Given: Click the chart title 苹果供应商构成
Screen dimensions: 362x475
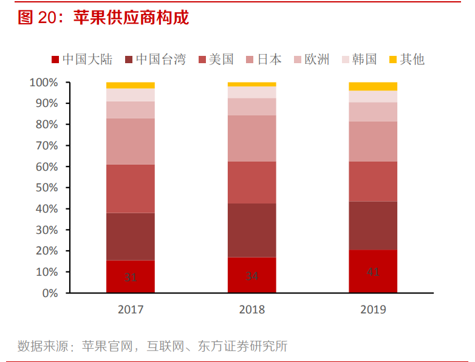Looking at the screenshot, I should click(x=131, y=18).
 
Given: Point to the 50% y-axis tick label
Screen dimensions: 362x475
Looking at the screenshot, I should click(x=46, y=188).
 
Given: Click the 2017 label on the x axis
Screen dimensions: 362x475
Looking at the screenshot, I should click(x=131, y=310).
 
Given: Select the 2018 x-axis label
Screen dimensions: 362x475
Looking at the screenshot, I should click(x=251, y=310).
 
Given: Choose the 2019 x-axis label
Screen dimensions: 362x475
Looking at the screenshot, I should click(x=373, y=310).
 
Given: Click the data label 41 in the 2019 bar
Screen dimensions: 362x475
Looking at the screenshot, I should click(x=373, y=271).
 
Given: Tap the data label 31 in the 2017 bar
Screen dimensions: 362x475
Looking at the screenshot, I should click(x=131, y=277).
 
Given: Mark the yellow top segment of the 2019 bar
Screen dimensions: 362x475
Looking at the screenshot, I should click(x=373, y=86).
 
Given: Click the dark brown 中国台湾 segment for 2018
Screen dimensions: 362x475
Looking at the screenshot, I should click(x=251, y=230).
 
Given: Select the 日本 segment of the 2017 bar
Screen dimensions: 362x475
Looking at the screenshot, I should click(x=131, y=141).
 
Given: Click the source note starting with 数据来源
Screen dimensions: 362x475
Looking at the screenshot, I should click(x=152, y=347).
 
